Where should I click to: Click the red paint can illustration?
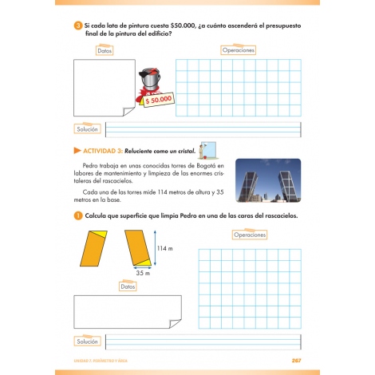point(149,80)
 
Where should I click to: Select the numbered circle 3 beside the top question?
point(77,26)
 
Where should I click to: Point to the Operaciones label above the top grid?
point(238,49)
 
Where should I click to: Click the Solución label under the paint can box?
point(87,128)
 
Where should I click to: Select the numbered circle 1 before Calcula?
point(77,216)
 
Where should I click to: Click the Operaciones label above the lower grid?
point(254,235)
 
